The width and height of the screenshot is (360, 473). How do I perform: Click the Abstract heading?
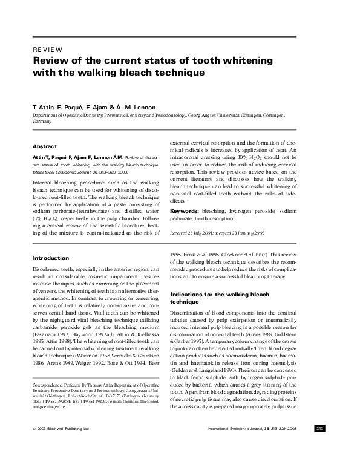point(45,146)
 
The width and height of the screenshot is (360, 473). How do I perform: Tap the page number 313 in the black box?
point(320,446)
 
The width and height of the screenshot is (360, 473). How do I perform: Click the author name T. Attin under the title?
point(44,106)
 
